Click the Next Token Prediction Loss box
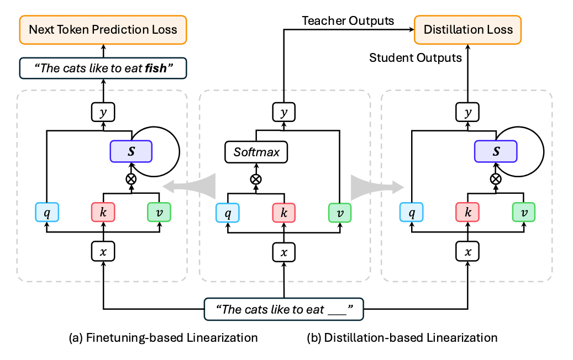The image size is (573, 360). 103,30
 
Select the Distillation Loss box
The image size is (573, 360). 468,30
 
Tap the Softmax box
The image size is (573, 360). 256,151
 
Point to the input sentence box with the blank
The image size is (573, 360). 283,310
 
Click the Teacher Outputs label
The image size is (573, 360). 348,21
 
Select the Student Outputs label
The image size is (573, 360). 415,57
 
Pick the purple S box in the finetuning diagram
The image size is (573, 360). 131,151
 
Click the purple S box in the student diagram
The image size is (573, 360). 496,151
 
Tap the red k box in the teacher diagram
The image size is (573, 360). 283,213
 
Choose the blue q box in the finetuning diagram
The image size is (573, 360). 46,213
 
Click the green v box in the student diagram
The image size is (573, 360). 524,213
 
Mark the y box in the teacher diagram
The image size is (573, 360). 283,113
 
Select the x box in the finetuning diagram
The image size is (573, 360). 103,253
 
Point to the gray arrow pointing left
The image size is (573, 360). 191,187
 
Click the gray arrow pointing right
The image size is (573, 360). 374,187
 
